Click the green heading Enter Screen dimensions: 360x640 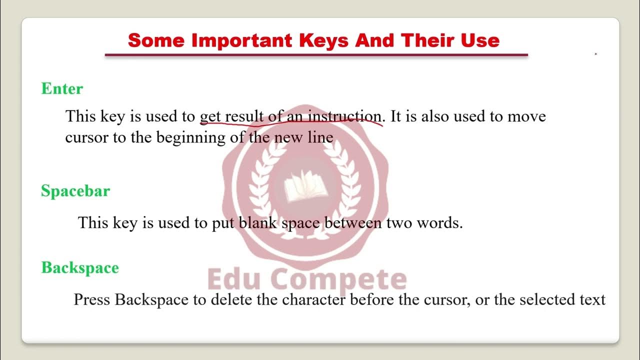tap(62, 89)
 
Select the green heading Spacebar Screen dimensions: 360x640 tap(75, 191)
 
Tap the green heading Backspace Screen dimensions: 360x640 tap(80, 268)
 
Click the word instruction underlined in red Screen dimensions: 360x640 tap(344, 116)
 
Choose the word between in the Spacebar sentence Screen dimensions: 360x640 tap(353, 222)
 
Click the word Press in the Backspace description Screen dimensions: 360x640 tap(92, 299)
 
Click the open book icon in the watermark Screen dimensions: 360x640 tap(301, 186)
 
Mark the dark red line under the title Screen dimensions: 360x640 tap(316, 55)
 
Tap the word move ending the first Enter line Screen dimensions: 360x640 tap(527, 116)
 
